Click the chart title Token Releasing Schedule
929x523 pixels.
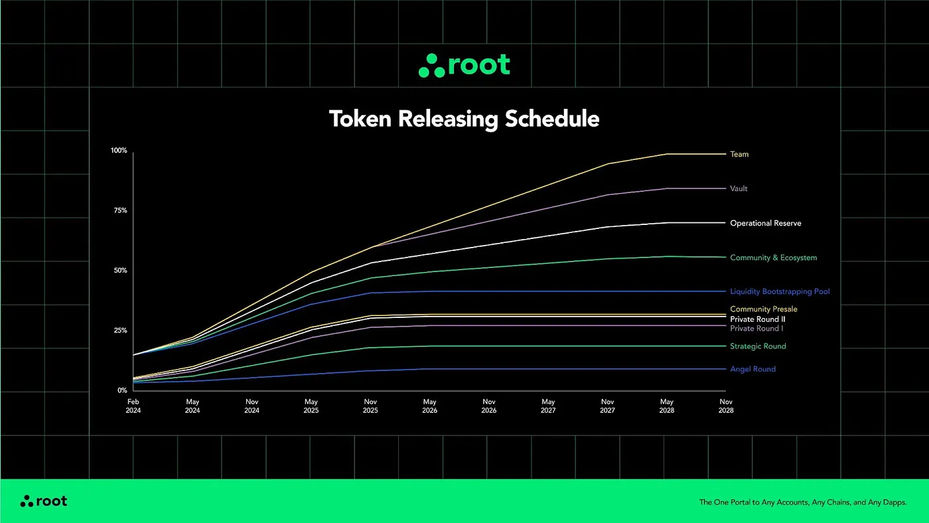tap(464, 119)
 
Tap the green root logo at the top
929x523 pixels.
tap(464, 65)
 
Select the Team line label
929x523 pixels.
tap(739, 154)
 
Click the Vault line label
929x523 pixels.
tap(739, 188)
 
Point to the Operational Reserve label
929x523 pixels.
tap(765, 223)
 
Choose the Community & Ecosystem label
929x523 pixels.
tap(773, 258)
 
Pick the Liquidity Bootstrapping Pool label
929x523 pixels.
tap(780, 291)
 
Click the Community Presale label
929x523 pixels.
tap(763, 309)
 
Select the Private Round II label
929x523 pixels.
tap(758, 319)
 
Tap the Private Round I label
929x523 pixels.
tap(756, 329)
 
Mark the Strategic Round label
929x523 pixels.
tap(758, 346)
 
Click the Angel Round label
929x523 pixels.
tap(752, 369)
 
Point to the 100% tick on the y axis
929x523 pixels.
tap(119, 151)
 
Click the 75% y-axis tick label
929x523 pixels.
tap(119, 210)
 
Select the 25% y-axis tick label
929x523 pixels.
tap(119, 331)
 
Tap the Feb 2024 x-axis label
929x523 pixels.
tap(133, 406)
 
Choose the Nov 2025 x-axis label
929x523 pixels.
tap(370, 406)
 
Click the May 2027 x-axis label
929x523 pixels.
tap(548, 406)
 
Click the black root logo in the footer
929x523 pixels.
tap(44, 501)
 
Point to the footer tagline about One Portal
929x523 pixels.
tap(803, 502)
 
